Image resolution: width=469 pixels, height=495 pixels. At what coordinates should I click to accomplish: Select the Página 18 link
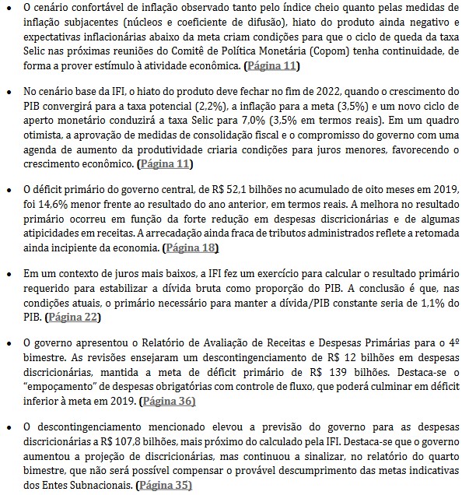click(191, 247)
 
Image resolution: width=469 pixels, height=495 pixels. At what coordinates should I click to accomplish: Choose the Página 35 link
click(163, 485)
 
